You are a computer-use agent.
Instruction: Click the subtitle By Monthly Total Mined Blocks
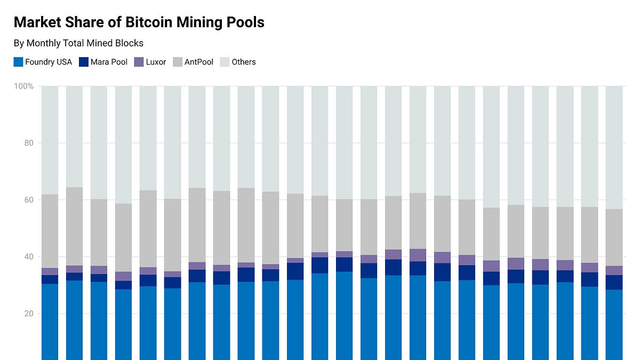pyautogui.click(x=78, y=43)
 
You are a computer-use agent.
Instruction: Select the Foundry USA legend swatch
pyautogui.click(x=18, y=62)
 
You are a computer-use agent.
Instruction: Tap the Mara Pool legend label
pyautogui.click(x=109, y=62)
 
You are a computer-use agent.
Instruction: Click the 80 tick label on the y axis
pyautogui.click(x=29, y=143)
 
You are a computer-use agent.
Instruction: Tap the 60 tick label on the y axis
pyautogui.click(x=29, y=200)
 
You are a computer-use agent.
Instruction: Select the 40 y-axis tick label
pyautogui.click(x=29, y=257)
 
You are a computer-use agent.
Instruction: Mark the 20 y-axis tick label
pyautogui.click(x=29, y=314)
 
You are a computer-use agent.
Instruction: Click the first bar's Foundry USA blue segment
pyautogui.click(x=50, y=320)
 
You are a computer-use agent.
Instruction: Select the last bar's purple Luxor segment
pyautogui.click(x=614, y=270)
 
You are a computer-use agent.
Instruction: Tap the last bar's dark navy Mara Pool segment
pyautogui.click(x=614, y=282)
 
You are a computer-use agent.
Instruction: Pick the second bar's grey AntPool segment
pyautogui.click(x=74, y=226)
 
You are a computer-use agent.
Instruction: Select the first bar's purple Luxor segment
pyautogui.click(x=50, y=271)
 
